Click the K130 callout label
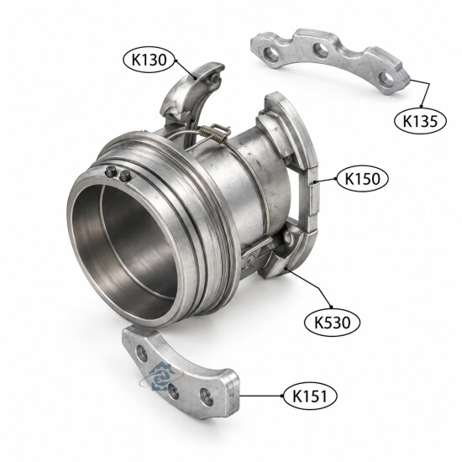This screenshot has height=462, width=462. [149, 60]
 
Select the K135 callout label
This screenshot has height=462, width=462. [420, 120]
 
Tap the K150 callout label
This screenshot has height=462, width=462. [362, 179]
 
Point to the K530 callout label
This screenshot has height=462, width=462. [333, 323]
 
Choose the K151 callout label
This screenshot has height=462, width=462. [310, 396]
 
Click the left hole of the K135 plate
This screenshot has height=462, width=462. [271, 54]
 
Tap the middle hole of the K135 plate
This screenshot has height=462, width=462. [321, 50]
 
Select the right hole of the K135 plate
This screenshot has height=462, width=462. [386, 78]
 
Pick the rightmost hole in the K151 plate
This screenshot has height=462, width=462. [206, 396]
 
